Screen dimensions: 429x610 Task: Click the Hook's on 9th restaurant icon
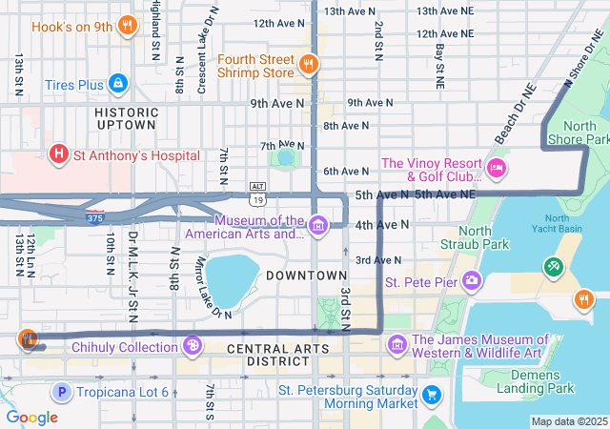[126, 26]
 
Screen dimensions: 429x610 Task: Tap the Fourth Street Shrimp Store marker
[308, 64]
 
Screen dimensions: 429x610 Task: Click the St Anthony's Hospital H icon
[59, 154]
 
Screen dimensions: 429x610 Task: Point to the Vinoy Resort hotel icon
[496, 169]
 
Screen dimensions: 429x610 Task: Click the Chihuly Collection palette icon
[192, 346]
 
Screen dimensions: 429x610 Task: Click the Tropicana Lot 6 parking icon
[62, 392]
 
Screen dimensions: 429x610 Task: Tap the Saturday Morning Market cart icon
[431, 393]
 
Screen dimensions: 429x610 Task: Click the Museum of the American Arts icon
[317, 225]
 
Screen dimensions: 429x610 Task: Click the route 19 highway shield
[257, 199]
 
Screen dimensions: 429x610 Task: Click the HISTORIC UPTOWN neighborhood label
[125, 117]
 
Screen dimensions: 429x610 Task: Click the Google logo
[32, 417]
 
